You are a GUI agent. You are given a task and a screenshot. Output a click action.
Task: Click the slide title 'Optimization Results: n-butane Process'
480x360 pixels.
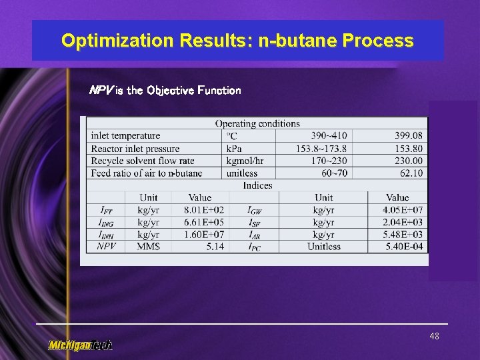pyautogui.click(x=237, y=41)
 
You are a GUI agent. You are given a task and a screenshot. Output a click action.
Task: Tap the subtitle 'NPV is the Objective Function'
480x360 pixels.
pyautogui.click(x=165, y=90)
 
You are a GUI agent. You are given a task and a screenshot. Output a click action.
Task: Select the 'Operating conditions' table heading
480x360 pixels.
pyautogui.click(x=257, y=123)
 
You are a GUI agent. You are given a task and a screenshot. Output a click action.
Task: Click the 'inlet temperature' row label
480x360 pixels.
pyautogui.click(x=125, y=136)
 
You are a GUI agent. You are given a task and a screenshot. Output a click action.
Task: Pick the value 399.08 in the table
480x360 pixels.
pyautogui.click(x=408, y=136)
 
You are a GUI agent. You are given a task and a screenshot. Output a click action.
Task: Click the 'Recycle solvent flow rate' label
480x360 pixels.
pyautogui.click(x=143, y=161)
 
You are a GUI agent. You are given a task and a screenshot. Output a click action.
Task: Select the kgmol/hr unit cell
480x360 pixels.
pyautogui.click(x=245, y=161)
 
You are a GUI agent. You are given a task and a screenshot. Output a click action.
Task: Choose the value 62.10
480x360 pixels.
pyautogui.click(x=411, y=173)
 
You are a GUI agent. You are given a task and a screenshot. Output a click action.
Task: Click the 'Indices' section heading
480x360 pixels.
pyautogui.click(x=257, y=185)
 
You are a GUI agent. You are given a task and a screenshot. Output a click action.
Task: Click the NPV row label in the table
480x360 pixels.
pyautogui.click(x=107, y=246)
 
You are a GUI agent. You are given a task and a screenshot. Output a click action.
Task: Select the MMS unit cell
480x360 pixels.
pyautogui.click(x=149, y=246)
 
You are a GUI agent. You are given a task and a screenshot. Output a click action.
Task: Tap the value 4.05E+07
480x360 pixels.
pyautogui.click(x=403, y=210)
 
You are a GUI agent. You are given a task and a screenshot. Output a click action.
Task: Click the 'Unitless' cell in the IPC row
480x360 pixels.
pyautogui.click(x=324, y=246)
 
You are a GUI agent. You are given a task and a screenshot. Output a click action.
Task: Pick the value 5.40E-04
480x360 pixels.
pyautogui.click(x=403, y=246)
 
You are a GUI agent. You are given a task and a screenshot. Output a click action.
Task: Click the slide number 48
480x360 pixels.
pyautogui.click(x=434, y=337)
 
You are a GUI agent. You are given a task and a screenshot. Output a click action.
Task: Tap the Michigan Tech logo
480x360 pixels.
pyautogui.click(x=80, y=345)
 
